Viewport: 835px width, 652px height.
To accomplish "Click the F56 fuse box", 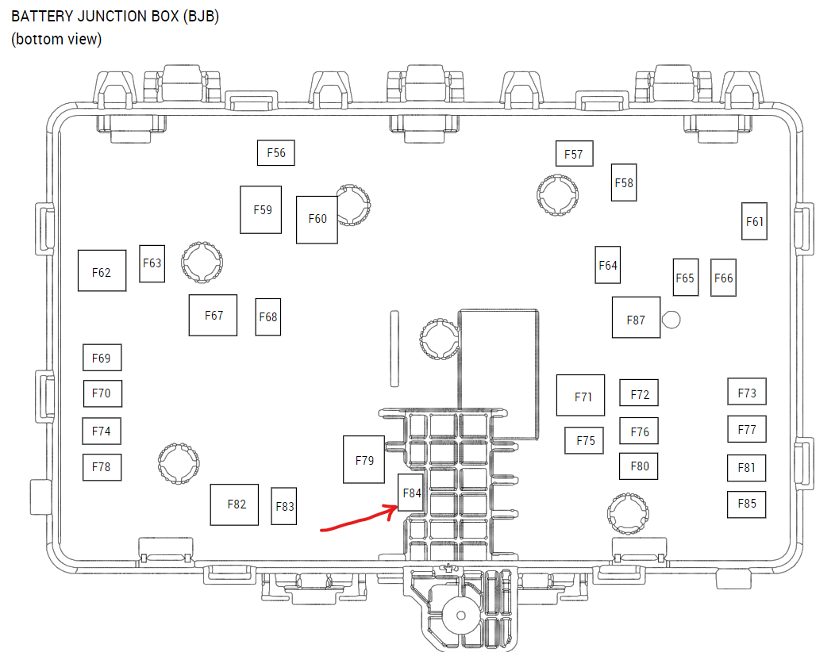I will (x=276, y=153).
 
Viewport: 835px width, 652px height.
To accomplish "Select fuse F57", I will (x=574, y=154).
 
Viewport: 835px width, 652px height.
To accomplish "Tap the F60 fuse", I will (x=317, y=219).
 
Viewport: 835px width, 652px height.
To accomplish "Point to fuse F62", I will (x=102, y=270).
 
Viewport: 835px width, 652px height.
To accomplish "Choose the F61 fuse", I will (x=755, y=221).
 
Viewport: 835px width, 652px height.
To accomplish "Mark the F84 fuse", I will (x=411, y=492).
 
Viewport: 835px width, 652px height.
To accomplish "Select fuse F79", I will (x=364, y=459).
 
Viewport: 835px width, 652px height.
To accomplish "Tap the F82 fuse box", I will (x=234, y=504).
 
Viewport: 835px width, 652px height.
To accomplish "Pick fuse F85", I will (x=747, y=504).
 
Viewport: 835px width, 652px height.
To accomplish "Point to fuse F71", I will (x=581, y=395).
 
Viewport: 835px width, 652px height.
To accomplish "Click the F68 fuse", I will (x=268, y=316).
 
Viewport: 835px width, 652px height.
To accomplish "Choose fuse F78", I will (x=102, y=467).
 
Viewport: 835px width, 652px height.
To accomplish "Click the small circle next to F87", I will (x=671, y=319).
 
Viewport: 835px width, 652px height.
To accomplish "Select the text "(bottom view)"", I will (x=56, y=39).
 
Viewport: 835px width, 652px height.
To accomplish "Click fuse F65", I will (x=685, y=278).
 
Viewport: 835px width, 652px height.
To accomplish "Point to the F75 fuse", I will (x=585, y=440).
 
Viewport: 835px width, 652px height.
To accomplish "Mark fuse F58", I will (x=624, y=182).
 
